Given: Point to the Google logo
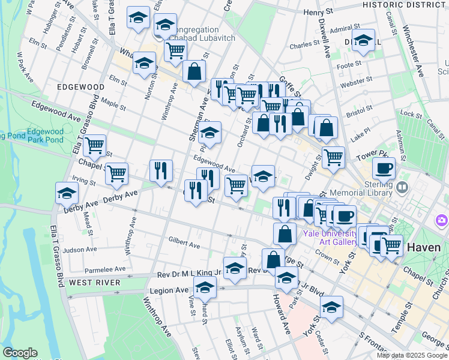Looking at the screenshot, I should pos(19,353).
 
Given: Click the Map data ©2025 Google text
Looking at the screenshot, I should pos(411,355).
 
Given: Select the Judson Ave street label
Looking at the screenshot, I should pos(80,250).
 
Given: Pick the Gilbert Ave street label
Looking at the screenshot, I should pos(184,245).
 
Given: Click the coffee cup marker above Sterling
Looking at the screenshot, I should pos(384,168).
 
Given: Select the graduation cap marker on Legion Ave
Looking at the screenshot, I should pos(205,287).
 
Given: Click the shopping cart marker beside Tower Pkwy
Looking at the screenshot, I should pos(333,158).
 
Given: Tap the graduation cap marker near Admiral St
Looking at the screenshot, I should pos(363,40).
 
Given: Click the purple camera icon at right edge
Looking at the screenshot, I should pos(442,221).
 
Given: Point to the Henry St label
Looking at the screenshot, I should pos(318,12).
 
